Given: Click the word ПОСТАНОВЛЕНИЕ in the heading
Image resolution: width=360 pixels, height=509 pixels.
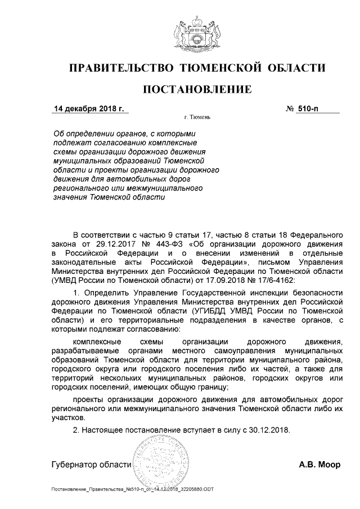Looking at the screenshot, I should pos(197,89).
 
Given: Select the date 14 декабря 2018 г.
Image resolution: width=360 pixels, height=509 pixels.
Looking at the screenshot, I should pos(88,108).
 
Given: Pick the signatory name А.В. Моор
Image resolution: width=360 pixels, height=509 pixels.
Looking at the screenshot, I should pos(319,465).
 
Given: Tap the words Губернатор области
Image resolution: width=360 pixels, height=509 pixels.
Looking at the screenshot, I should pos(91,465).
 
